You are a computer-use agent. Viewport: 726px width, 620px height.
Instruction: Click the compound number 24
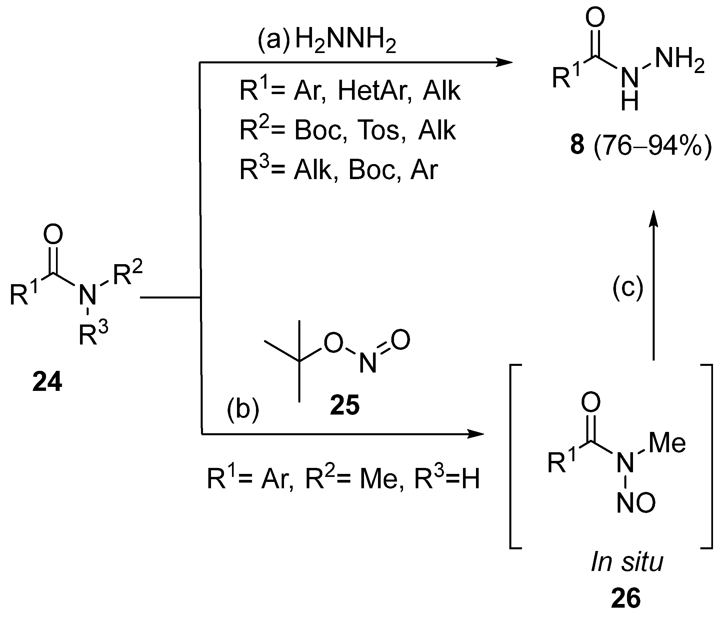[47, 382]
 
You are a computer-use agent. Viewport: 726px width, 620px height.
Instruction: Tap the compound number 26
[626, 598]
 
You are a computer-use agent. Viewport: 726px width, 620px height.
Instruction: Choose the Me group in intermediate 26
[667, 443]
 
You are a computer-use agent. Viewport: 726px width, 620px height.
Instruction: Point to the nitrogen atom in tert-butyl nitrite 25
[368, 363]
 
